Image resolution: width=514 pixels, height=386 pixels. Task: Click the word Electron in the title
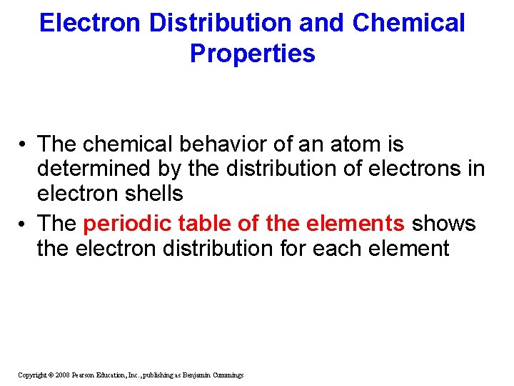pyautogui.click(x=91, y=23)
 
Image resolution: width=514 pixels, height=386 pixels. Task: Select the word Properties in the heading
pyautogui.click(x=252, y=54)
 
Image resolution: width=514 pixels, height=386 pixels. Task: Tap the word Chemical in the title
pyautogui.click(x=408, y=23)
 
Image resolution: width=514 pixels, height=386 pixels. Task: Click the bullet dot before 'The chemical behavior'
pyautogui.click(x=24, y=145)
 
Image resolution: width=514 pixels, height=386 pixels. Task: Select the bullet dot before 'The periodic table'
pyautogui.click(x=24, y=224)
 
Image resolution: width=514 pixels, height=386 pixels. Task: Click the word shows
pyautogui.click(x=443, y=224)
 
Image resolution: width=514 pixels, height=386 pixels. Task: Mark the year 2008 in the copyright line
pyautogui.click(x=61, y=375)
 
